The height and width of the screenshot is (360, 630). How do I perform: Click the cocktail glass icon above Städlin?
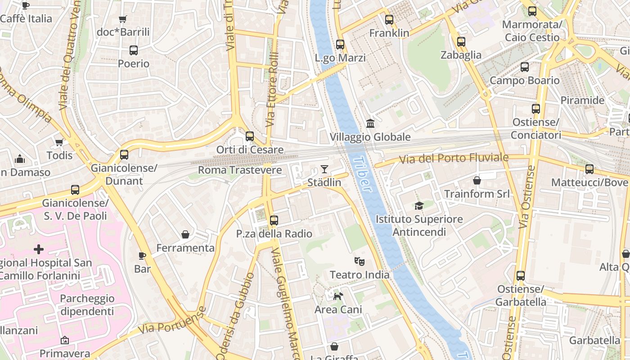[324, 169]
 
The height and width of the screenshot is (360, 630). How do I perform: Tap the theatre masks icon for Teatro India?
[359, 261]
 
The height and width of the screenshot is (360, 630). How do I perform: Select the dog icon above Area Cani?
[338, 296]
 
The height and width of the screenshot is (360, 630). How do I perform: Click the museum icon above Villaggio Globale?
[370, 123]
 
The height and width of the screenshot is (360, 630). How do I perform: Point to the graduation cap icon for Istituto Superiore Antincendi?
[419, 206]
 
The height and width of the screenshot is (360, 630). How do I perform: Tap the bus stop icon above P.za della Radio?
[274, 220]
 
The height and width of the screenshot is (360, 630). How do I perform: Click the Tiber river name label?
[362, 174]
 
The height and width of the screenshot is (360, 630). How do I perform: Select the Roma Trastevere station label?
[240, 170]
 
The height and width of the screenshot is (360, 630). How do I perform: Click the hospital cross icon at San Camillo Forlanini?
[39, 249]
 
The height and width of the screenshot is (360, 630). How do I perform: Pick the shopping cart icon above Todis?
[59, 142]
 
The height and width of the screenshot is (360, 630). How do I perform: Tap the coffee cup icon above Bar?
[142, 256]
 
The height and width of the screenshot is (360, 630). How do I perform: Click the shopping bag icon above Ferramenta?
[185, 234]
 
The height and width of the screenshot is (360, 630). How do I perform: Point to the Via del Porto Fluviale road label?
[453, 158]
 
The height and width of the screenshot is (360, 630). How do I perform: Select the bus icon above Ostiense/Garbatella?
[521, 275]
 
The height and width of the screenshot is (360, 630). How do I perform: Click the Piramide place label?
[582, 100]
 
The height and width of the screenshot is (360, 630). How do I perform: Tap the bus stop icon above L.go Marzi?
[340, 45]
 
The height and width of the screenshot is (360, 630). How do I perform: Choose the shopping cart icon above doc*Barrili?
[122, 19]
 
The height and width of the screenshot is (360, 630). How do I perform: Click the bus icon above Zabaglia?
[461, 42]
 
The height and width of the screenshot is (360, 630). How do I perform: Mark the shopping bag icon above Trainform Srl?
[477, 180]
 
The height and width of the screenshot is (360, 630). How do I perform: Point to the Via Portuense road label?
[171, 320]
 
